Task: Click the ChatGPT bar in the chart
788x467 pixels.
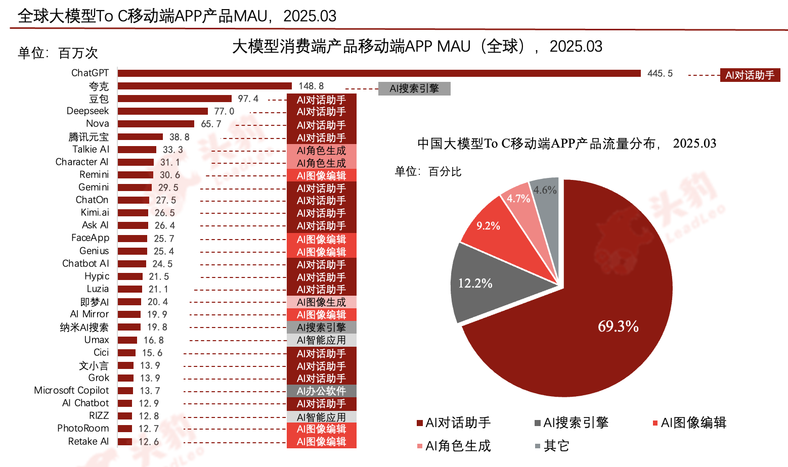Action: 379,74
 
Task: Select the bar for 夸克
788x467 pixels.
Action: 205,86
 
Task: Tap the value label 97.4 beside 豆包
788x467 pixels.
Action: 248,99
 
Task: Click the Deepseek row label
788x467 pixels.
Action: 87,111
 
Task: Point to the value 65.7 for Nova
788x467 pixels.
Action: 211,124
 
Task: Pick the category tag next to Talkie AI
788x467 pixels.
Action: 321,151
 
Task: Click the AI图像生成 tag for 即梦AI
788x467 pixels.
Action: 321,302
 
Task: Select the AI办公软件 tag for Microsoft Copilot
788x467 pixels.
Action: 321,391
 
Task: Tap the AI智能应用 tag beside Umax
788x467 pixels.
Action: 321,340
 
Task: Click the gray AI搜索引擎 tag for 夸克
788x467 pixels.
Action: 414,89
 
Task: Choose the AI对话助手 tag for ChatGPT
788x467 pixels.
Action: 750,75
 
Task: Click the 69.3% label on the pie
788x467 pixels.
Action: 618,326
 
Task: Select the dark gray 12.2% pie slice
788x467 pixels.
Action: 486,283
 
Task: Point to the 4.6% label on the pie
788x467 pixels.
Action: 545,190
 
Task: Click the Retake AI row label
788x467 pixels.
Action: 88,442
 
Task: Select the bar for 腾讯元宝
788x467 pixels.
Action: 140,137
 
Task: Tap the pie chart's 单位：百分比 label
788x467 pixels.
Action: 428,172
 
